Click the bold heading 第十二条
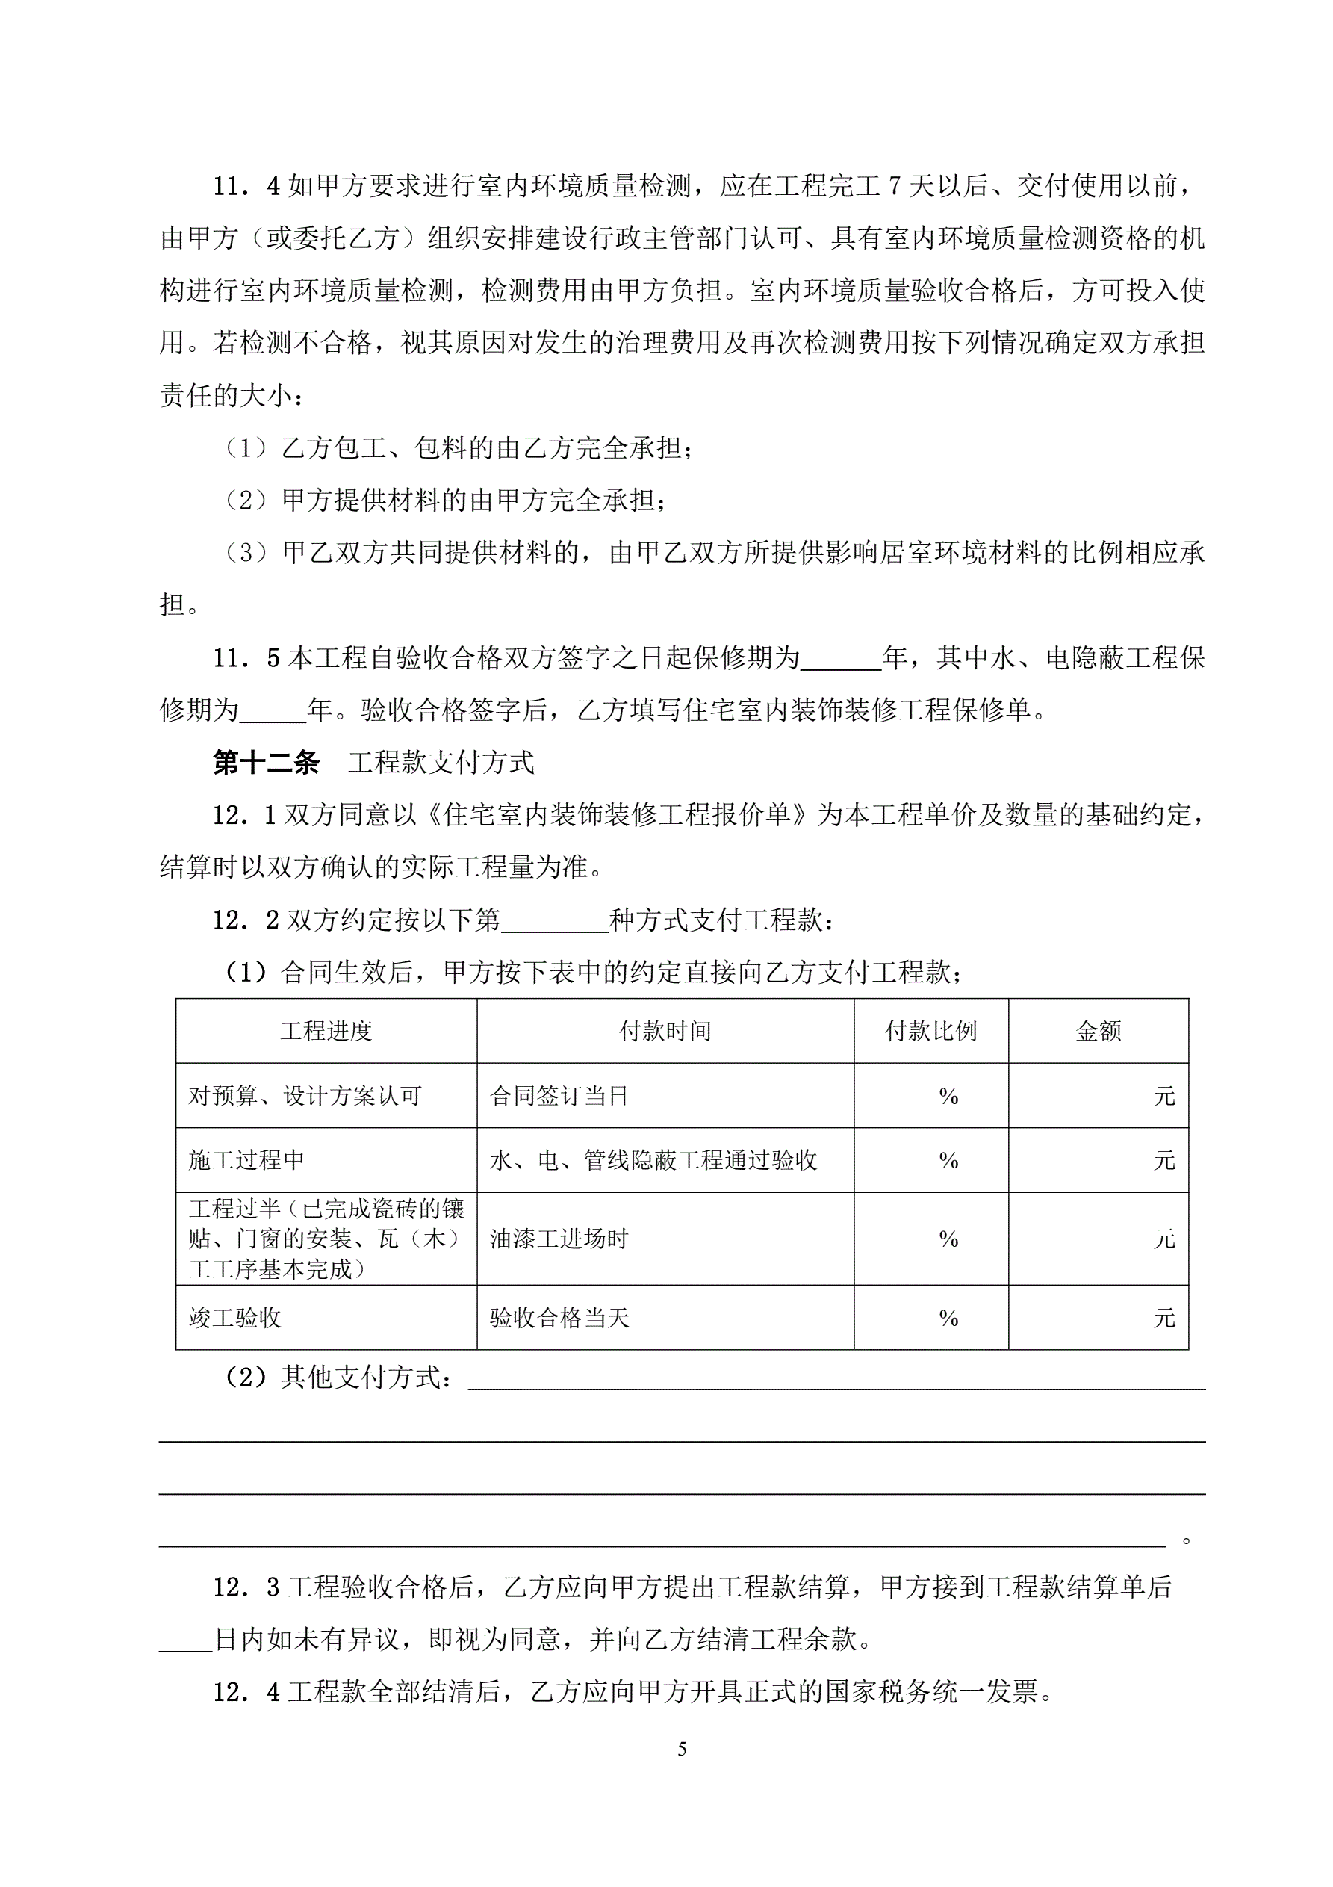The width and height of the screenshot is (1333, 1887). [265, 763]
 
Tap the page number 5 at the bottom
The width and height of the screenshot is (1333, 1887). [681, 1749]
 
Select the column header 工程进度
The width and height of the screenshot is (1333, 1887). [326, 1031]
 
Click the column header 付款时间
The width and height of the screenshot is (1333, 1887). [665, 1031]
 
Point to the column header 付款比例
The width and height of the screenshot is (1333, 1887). [930, 1031]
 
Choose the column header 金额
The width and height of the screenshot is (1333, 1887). [1098, 1031]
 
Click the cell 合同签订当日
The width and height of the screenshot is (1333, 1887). [559, 1096]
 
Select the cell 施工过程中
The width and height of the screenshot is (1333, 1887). [246, 1159]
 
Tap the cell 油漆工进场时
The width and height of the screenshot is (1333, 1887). [559, 1239]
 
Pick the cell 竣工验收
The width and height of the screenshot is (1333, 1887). [235, 1318]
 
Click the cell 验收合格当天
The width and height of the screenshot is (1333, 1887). [559, 1318]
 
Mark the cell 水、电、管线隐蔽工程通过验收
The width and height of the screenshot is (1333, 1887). [653, 1159]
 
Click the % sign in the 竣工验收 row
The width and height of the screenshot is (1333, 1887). [948, 1318]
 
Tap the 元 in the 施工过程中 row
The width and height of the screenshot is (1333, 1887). [1164, 1160]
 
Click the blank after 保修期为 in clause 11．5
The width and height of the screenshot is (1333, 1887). [840, 659]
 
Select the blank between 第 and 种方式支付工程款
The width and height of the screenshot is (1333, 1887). [554, 920]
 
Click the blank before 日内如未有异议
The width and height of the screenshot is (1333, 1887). [186, 1640]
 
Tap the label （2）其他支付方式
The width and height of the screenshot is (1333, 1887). [337, 1377]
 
